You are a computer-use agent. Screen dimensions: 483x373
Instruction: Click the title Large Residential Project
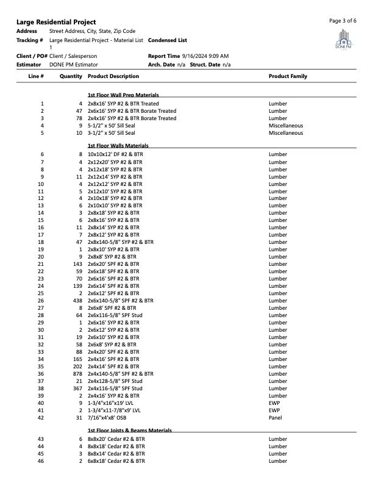click(56, 22)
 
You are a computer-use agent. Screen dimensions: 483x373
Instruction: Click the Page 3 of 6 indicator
click(343, 21)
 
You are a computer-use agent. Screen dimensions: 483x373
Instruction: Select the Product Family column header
click(288, 76)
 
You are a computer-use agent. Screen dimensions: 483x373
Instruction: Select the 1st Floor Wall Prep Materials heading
click(123, 95)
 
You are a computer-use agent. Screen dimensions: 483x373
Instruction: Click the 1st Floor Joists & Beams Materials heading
click(129, 430)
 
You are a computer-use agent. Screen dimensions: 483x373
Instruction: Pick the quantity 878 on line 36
click(77, 373)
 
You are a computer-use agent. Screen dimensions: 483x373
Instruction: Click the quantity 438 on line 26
click(77, 300)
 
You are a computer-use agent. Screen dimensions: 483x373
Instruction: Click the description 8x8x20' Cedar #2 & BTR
click(116, 439)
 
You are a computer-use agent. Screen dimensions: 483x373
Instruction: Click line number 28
click(41, 315)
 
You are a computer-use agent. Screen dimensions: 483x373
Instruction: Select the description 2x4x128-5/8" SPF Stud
click(115, 381)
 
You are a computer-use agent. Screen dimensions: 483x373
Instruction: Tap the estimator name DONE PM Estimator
click(74, 64)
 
